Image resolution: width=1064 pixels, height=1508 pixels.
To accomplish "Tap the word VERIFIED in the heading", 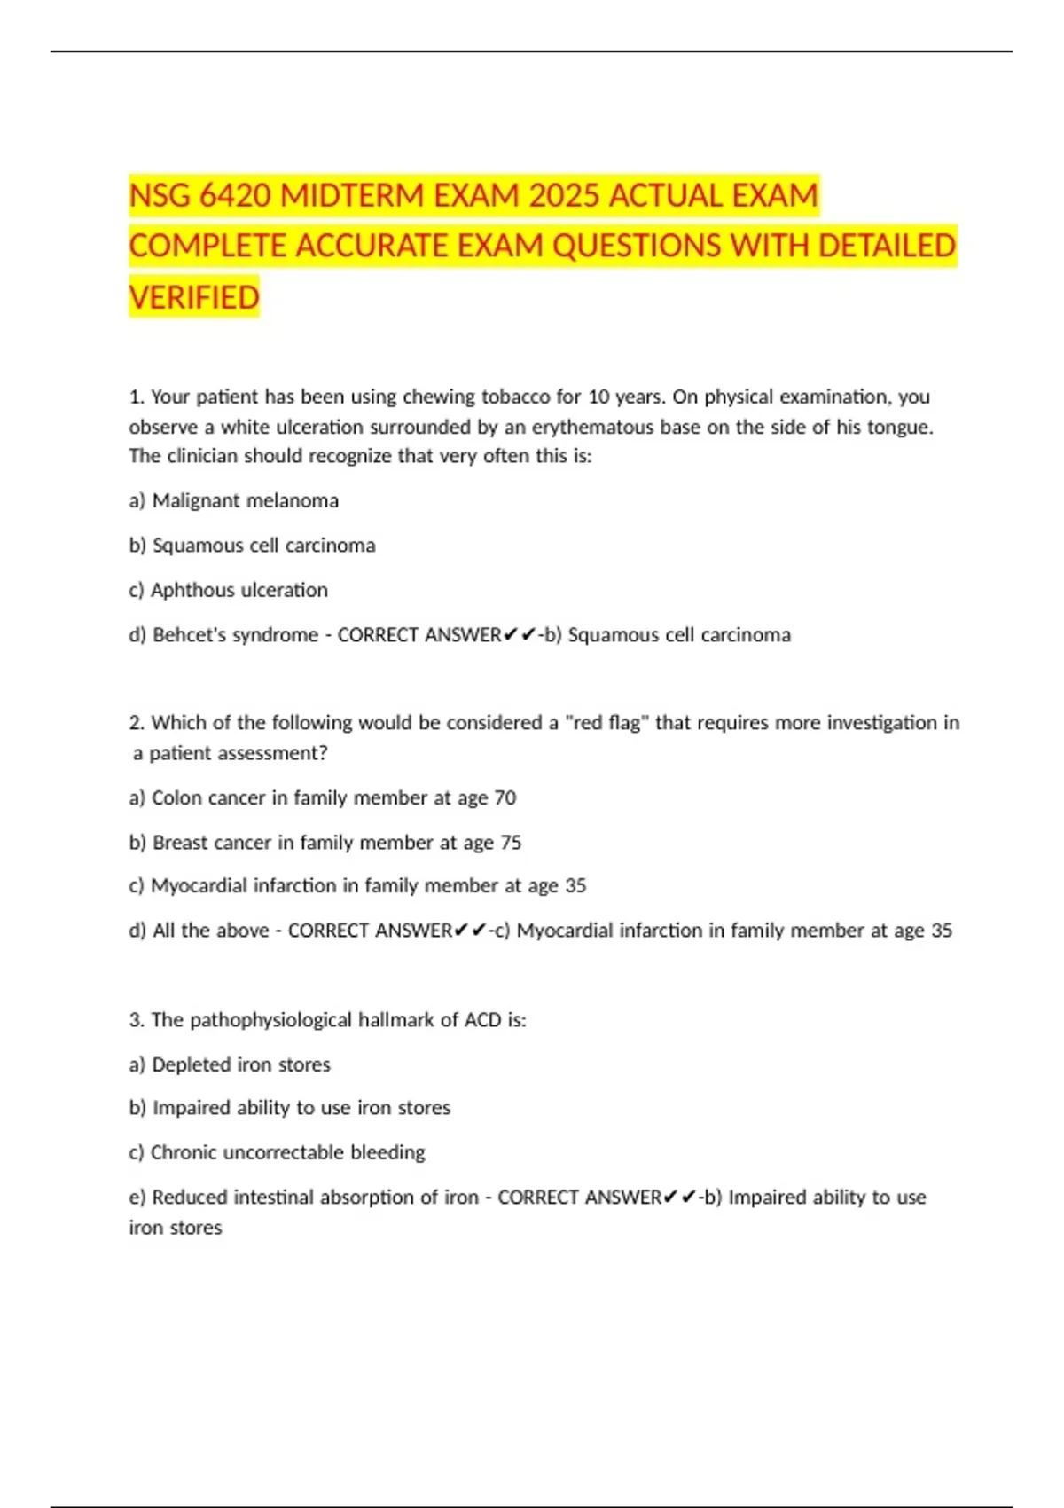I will pos(194,297).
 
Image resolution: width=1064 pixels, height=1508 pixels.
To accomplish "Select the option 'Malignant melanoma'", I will pos(245,500).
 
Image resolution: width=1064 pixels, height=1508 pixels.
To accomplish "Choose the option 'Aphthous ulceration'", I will pos(239,590).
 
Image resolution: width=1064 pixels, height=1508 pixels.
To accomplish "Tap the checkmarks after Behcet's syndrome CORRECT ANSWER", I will pos(519,635).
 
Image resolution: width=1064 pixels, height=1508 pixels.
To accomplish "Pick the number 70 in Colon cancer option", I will pos(505,797).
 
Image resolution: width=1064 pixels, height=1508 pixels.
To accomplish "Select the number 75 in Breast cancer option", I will pos(510,842).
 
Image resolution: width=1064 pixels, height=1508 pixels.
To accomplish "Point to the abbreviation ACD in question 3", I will pos(482,1020).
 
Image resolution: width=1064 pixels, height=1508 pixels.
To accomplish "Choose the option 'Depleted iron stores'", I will pos(240,1064).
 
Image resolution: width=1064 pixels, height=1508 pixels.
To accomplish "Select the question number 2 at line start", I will pos(136,723).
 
